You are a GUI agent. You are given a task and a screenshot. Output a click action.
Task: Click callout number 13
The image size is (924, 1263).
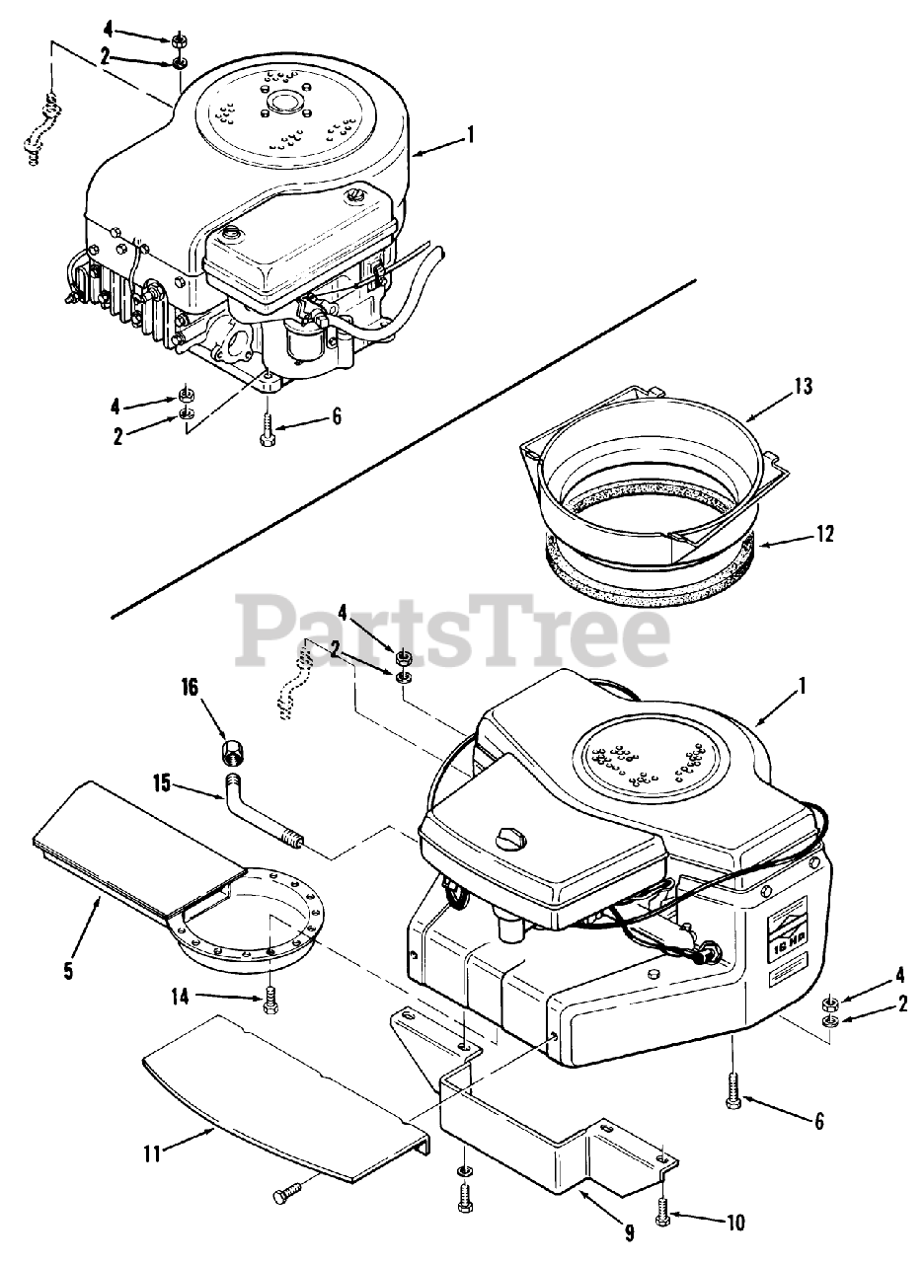tap(804, 387)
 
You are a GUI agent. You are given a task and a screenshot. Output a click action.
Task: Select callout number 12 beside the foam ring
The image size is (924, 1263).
tap(825, 534)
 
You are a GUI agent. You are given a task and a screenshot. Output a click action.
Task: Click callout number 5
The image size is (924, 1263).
tap(67, 971)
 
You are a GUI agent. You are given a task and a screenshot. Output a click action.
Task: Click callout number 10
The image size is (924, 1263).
tap(734, 1224)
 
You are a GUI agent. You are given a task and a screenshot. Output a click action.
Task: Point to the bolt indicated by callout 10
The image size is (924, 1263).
tap(663, 1210)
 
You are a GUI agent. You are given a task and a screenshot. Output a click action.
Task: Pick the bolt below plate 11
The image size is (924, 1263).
tap(285, 1195)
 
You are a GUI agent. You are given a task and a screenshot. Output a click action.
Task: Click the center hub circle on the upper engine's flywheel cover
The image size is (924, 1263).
tap(282, 102)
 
